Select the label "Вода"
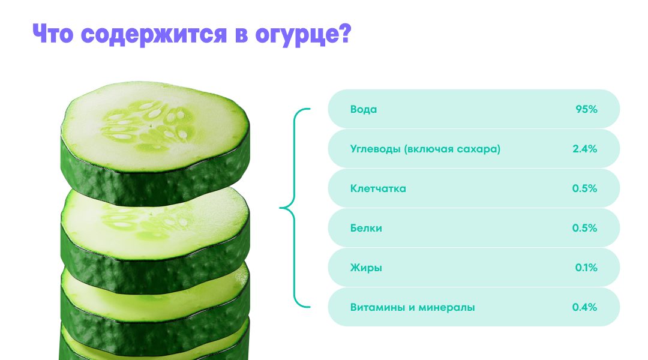(364, 109)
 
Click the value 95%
(586, 109)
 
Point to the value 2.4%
(585, 149)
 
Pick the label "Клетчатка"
(378, 188)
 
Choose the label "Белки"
(366, 228)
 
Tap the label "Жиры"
(366, 268)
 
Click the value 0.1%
(586, 268)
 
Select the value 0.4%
(585, 307)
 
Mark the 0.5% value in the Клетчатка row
(585, 188)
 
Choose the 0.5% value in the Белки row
(585, 228)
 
